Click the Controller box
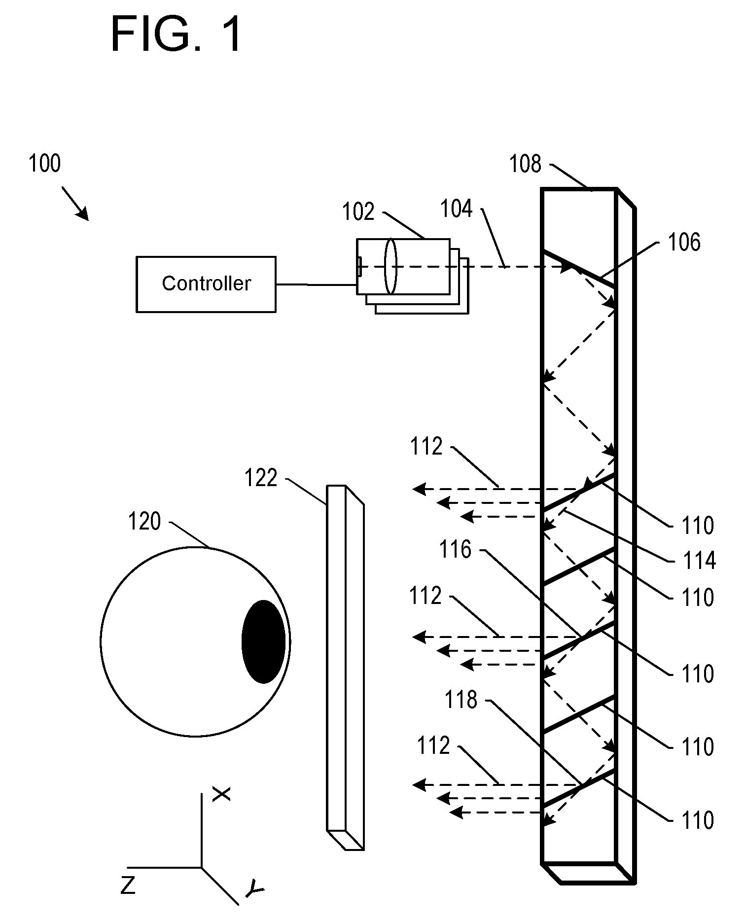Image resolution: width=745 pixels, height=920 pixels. click(x=206, y=284)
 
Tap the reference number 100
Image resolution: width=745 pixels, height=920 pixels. click(x=45, y=163)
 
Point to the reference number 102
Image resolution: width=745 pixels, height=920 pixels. click(x=358, y=212)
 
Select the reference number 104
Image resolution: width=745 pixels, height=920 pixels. click(x=456, y=209)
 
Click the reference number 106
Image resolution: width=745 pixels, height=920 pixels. click(x=684, y=242)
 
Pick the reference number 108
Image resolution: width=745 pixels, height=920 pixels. click(x=526, y=164)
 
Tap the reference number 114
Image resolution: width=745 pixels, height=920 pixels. click(x=699, y=561)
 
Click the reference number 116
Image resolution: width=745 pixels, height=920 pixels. click(x=456, y=549)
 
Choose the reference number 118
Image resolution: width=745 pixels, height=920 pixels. click(x=461, y=700)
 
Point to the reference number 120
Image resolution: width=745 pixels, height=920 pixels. click(x=144, y=521)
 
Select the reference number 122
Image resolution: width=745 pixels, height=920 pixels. click(x=261, y=478)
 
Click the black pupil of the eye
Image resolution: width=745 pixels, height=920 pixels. click(x=264, y=641)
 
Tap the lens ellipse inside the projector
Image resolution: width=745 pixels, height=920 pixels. click(x=390, y=266)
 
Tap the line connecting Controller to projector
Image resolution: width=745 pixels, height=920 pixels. click(x=316, y=284)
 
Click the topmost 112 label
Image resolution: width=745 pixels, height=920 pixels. click(x=426, y=447)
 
